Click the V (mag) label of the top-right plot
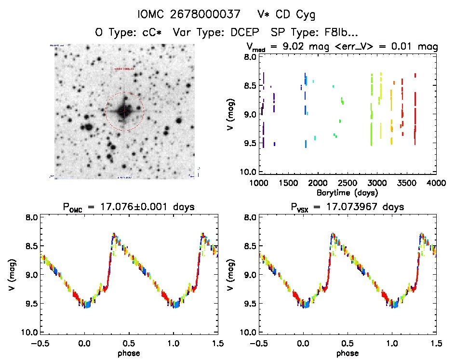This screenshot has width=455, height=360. (x=230, y=114)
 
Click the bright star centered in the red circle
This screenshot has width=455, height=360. (x=124, y=111)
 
